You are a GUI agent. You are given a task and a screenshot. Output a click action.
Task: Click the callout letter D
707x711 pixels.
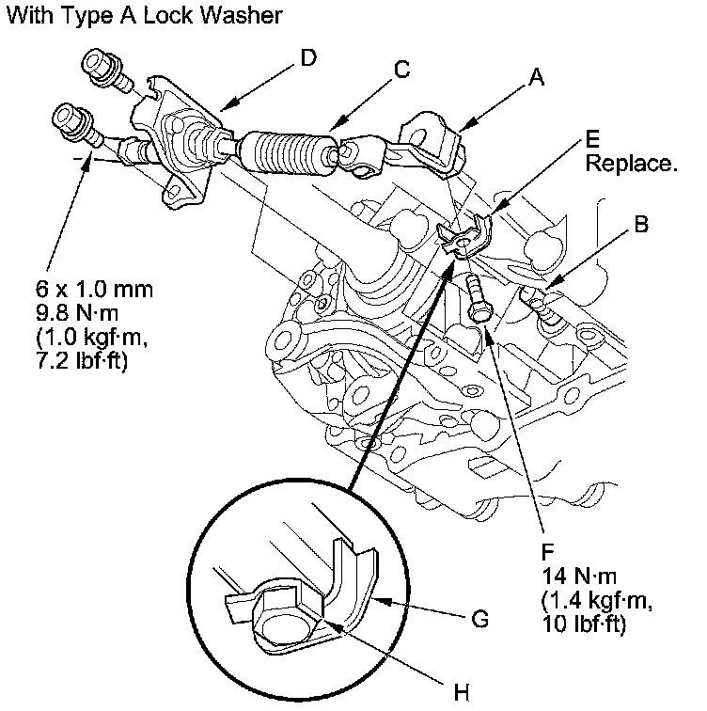point(308,57)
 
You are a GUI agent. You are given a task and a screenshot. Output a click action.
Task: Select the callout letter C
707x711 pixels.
point(402,70)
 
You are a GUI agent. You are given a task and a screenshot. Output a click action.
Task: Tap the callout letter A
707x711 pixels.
point(537,77)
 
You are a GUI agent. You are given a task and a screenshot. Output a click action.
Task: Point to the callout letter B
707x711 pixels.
point(641,224)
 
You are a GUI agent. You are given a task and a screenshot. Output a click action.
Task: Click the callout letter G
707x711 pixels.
point(479,619)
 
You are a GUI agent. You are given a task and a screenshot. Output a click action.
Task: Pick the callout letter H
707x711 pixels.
point(462,693)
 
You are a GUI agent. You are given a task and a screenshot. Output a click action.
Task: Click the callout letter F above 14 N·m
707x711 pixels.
point(548,552)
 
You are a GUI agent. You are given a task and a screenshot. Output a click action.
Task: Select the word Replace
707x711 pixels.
point(631,164)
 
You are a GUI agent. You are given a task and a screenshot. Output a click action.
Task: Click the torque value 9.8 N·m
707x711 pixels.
point(77,313)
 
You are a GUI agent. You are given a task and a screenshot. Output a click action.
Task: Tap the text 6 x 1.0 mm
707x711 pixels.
point(94,290)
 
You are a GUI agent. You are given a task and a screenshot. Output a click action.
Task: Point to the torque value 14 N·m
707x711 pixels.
point(579,577)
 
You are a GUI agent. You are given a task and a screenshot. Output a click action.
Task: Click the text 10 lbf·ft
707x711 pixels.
point(584,624)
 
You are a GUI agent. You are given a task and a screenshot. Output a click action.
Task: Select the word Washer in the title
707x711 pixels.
point(241,15)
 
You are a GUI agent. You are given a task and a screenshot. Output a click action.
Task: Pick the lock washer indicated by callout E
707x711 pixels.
point(465,236)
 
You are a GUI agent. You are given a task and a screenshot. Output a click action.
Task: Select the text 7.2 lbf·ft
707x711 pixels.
point(82,361)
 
